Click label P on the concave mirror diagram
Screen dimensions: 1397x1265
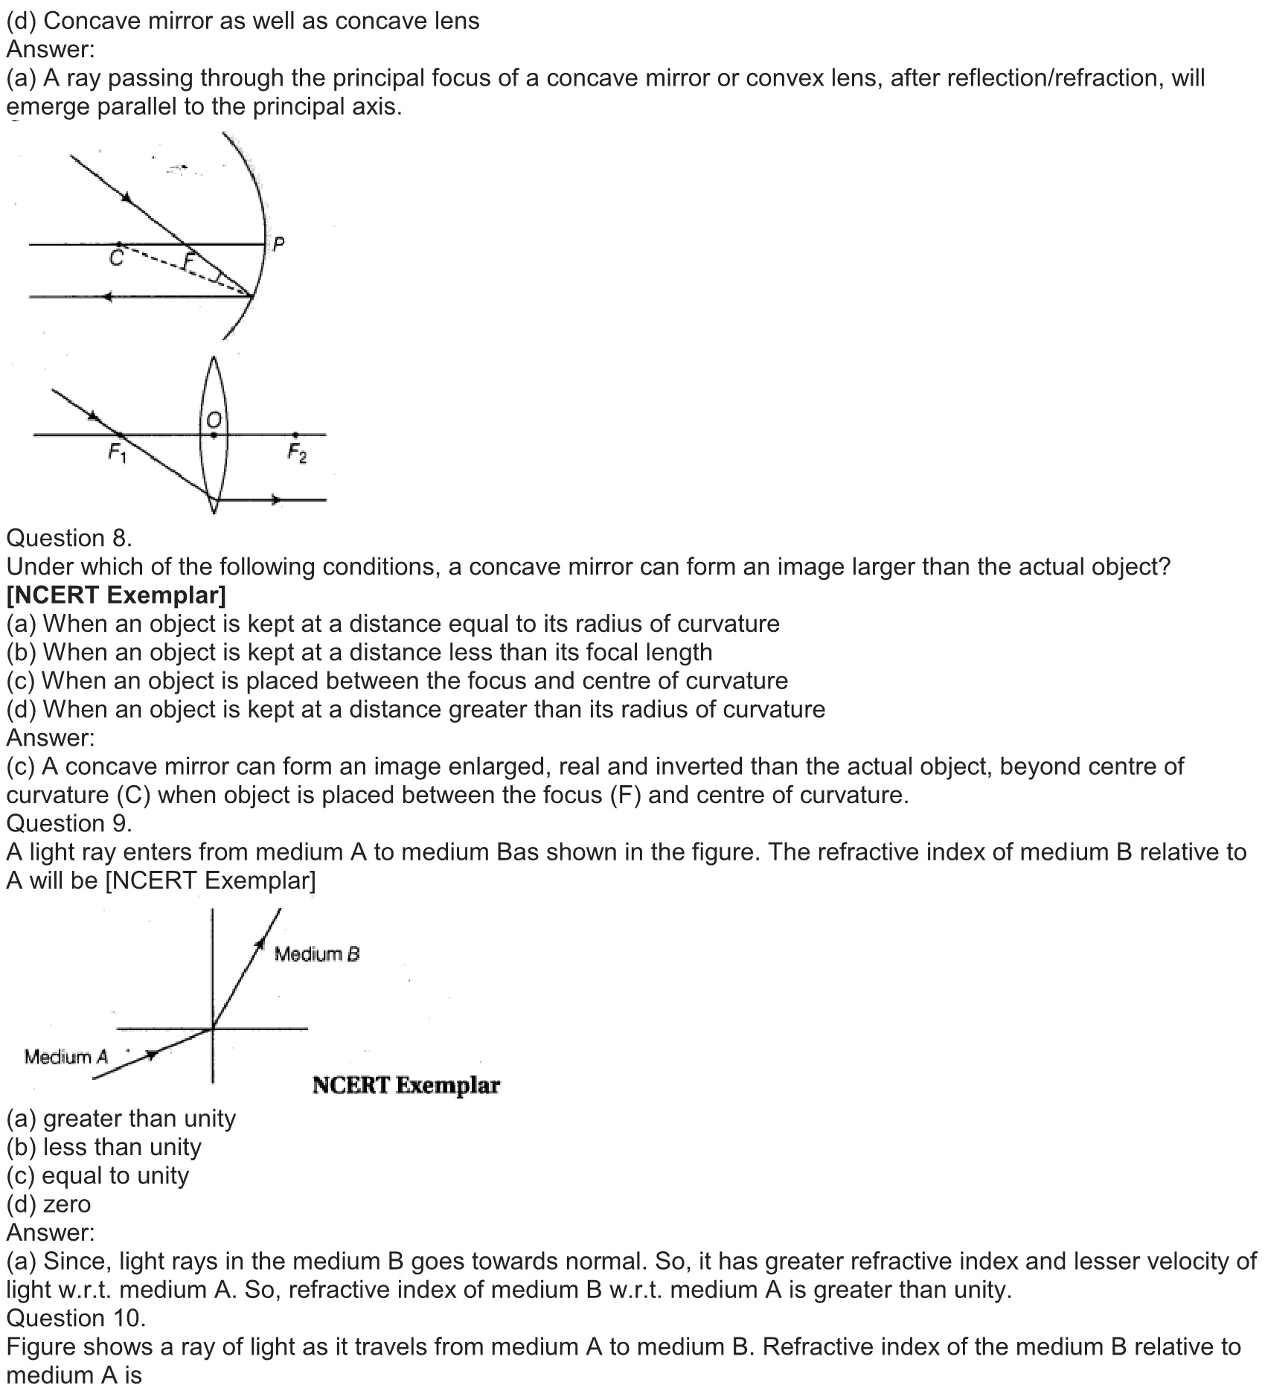pos(278,243)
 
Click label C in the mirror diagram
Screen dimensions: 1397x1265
pos(116,258)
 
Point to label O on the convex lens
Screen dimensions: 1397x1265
pos(214,420)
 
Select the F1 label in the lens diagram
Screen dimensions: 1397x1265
pos(118,453)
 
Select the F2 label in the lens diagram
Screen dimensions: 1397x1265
pos(297,453)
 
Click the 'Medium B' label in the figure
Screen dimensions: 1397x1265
pos(317,954)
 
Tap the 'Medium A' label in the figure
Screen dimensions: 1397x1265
pos(65,1057)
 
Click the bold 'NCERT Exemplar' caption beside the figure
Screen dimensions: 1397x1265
pos(406,1086)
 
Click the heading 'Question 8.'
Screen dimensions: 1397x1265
pos(68,538)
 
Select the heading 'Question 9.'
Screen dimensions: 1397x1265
pos(68,823)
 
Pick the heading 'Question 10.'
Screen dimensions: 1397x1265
pos(75,1318)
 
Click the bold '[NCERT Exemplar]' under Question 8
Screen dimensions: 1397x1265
pos(116,595)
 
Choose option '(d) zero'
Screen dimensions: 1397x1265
pos(48,1204)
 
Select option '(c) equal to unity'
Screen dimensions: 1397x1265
pos(97,1176)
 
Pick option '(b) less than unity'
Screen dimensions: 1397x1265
pos(103,1147)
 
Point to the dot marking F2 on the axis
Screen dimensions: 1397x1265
pos(295,435)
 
